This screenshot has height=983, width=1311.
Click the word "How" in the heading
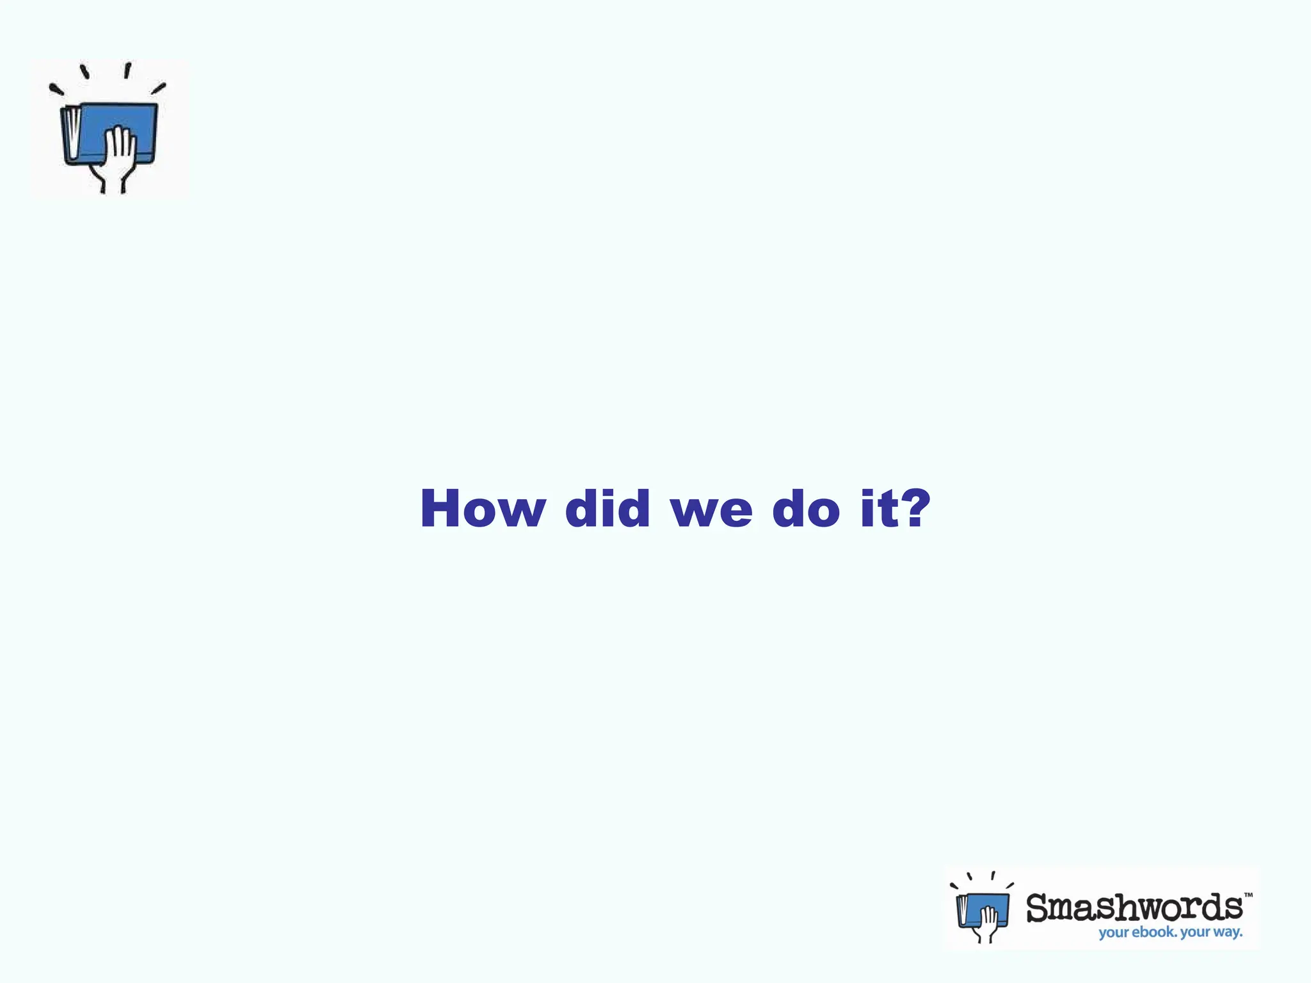point(483,509)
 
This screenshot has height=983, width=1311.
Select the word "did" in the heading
point(607,509)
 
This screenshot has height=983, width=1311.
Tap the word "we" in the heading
point(711,511)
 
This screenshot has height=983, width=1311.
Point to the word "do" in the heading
point(806,509)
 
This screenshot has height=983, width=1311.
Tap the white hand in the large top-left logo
point(120,148)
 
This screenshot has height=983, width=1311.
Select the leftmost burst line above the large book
point(56,90)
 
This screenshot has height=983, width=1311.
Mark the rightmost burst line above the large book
point(159,88)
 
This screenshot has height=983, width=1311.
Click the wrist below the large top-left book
point(113,182)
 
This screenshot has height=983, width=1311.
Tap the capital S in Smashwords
point(1040,908)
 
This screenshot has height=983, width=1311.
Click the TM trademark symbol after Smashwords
point(1248,895)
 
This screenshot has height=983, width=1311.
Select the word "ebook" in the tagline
point(1154,932)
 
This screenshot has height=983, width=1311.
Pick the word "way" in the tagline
point(1227,932)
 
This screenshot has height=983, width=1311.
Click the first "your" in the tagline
point(1114,933)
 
